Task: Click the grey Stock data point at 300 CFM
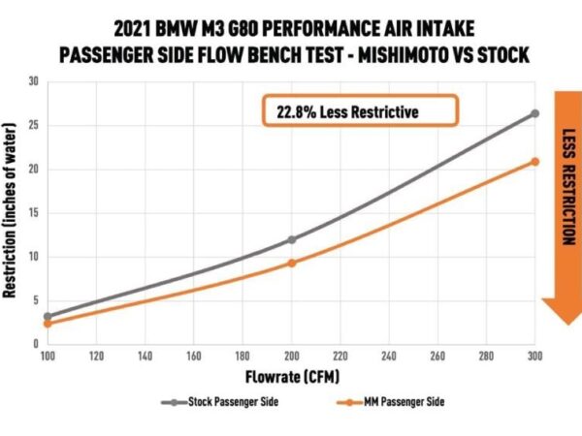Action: (x=534, y=113)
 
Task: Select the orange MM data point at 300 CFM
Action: (x=534, y=161)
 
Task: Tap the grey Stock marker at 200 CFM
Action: (x=291, y=239)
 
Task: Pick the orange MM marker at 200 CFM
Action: (x=291, y=263)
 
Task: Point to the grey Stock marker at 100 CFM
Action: (x=48, y=316)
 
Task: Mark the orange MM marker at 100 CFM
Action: (x=48, y=324)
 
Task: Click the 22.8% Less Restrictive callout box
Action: (x=359, y=111)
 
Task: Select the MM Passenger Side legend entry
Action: (x=386, y=401)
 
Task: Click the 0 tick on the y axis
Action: (x=35, y=343)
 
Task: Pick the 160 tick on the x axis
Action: (x=193, y=358)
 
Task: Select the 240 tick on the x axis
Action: (x=388, y=358)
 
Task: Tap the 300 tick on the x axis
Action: (x=534, y=358)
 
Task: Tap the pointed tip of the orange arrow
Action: (x=560, y=324)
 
